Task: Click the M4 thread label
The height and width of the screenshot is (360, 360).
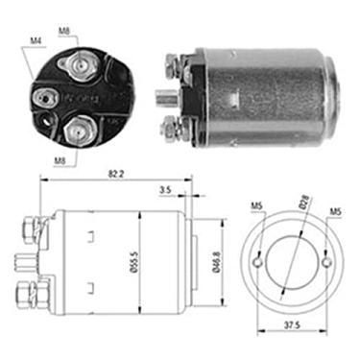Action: pyautogui.click(x=36, y=40)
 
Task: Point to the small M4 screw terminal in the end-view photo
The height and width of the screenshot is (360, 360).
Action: pyautogui.click(x=43, y=96)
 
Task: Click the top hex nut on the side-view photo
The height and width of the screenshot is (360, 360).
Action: pyautogui.click(x=175, y=65)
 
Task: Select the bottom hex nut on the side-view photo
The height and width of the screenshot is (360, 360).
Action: pyautogui.click(x=176, y=126)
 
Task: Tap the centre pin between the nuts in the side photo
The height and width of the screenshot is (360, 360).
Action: pyautogui.click(x=166, y=96)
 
